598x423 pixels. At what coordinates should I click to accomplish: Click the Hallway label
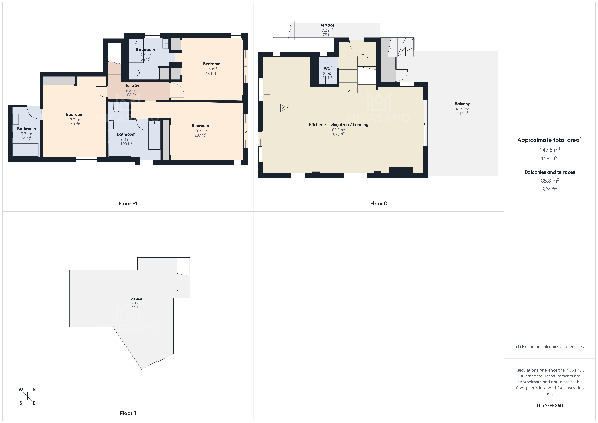click(132, 85)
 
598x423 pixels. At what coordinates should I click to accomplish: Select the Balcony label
click(462, 104)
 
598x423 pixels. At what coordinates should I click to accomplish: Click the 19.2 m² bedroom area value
click(200, 131)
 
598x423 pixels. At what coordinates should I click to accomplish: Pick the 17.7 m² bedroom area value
click(75, 120)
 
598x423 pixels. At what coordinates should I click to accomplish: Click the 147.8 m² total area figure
click(550, 150)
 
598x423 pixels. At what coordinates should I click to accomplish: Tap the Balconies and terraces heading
click(550, 172)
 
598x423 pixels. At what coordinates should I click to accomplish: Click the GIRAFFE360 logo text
click(550, 406)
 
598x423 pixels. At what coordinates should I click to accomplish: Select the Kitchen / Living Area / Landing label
click(339, 125)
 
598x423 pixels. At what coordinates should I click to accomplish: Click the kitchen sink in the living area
click(267, 89)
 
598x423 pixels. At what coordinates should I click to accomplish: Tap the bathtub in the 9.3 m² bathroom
click(154, 135)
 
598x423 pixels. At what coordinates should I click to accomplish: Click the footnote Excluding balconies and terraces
click(550, 347)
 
